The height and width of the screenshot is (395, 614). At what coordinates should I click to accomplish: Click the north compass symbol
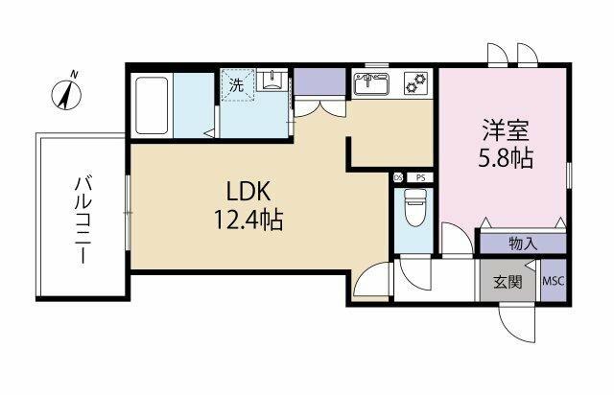pos(67,93)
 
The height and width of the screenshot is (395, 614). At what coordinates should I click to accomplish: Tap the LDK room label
pos(248,192)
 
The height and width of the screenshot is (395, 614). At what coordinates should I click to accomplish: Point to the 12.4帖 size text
pos(248,220)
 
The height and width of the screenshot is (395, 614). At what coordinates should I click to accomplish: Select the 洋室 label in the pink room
pos(506,130)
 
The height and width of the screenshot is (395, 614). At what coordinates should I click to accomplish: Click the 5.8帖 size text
pos(506,158)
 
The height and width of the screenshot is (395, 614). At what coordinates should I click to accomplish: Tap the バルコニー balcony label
pos(83,220)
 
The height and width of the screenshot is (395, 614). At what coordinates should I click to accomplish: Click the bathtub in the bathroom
pos(152,105)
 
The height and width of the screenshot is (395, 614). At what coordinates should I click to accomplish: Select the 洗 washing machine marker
pos(237,85)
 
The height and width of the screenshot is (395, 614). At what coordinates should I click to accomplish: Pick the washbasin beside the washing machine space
pos(271,80)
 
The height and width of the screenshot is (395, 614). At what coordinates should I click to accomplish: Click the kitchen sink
pos(371,84)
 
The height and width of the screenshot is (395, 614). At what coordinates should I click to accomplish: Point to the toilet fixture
pos(414,207)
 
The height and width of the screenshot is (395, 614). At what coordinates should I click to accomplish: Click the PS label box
pos(420,177)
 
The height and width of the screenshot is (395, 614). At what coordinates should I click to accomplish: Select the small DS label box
pos(398,177)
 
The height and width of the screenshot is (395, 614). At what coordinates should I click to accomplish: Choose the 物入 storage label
pos(523,244)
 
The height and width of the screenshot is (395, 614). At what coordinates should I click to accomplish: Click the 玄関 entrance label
pos(508,282)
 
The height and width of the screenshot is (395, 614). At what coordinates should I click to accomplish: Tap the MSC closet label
pos(554,281)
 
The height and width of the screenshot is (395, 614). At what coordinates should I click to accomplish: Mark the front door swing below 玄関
pos(516,322)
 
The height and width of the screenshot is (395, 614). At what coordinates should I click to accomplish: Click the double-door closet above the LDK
pos(319,108)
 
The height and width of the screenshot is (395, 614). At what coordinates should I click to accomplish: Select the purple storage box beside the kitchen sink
pos(319,81)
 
